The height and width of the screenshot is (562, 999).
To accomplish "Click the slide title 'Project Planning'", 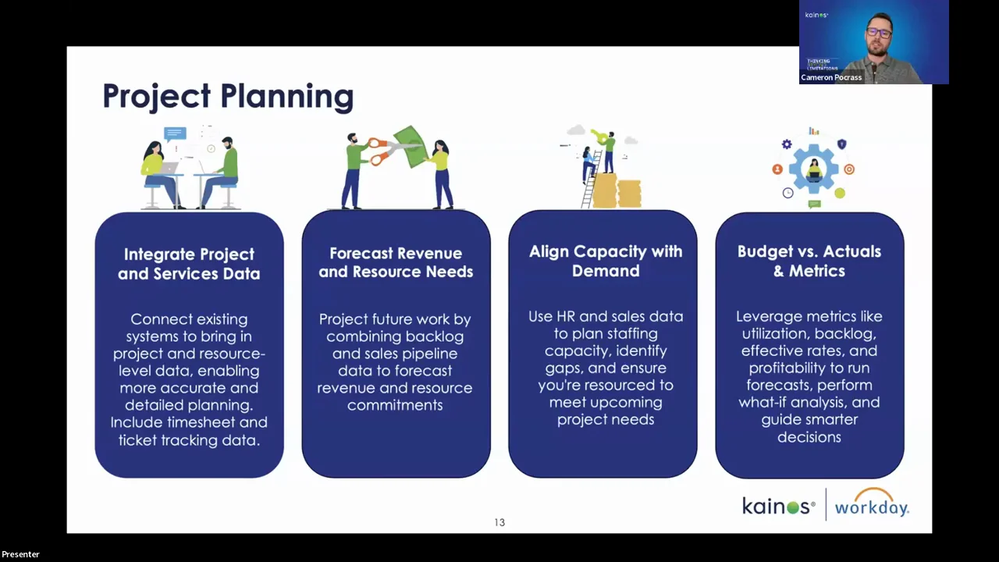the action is [228, 96].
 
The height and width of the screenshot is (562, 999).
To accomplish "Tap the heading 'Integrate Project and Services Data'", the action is [189, 264].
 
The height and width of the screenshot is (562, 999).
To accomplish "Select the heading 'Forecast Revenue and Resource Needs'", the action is [396, 262].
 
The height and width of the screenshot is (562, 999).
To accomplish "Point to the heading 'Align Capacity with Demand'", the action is [606, 261].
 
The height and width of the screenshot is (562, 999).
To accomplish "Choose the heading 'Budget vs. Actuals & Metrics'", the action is [809, 261].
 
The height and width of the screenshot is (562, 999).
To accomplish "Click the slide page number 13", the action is [499, 522].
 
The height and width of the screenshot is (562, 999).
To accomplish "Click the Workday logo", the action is [872, 503].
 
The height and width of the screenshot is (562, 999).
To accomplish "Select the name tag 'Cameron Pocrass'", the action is [831, 77].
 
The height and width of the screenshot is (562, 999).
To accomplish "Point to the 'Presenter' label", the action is [20, 554].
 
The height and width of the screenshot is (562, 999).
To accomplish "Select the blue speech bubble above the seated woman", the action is [175, 133].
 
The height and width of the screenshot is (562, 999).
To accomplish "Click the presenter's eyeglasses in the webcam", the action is [879, 32].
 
